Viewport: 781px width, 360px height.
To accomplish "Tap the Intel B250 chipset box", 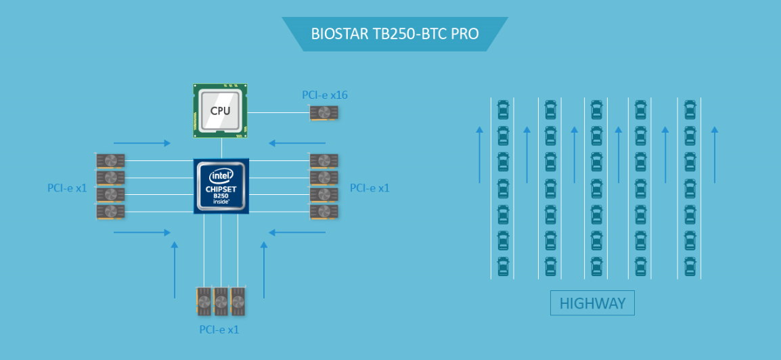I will pyautogui.click(x=221, y=186).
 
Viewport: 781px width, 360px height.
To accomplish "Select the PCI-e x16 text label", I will pyautogui.click(x=325, y=95).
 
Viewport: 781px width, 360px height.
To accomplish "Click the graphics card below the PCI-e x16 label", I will pyautogui.click(x=324, y=112).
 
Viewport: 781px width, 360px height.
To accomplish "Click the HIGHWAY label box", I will pyautogui.click(x=592, y=303).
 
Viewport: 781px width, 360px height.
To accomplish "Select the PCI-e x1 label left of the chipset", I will pyautogui.click(x=67, y=188).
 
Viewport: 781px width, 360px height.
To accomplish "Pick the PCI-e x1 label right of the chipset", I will pyautogui.click(x=370, y=188).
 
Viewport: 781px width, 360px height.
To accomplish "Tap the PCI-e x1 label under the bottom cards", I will pyautogui.click(x=219, y=330).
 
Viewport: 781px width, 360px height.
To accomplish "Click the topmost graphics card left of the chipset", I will pyautogui.click(x=110, y=160).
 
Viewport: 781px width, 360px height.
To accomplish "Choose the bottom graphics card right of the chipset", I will pyautogui.click(x=323, y=212).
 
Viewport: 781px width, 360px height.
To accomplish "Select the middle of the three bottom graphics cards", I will pyautogui.click(x=221, y=301).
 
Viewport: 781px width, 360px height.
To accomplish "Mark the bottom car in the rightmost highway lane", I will pyautogui.click(x=690, y=266).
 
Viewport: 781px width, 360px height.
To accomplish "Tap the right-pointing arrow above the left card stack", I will pyautogui.click(x=142, y=143).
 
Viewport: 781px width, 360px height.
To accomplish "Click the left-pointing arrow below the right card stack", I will pyautogui.click(x=297, y=232).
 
